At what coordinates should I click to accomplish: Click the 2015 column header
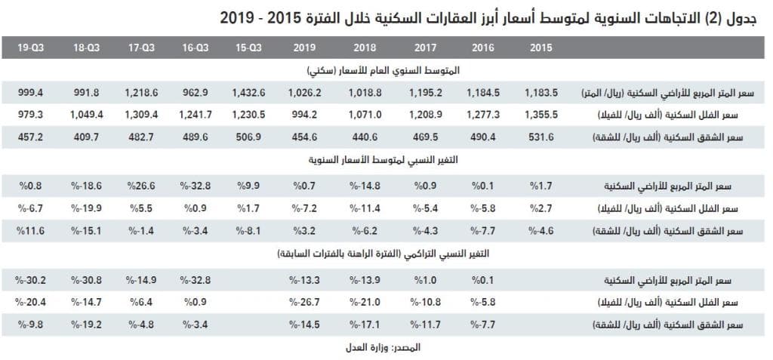[540, 48]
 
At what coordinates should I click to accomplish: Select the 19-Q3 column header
[30, 48]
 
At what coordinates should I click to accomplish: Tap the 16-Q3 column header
[196, 48]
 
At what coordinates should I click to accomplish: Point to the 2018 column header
[365, 48]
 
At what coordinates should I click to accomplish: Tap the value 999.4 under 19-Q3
[30, 93]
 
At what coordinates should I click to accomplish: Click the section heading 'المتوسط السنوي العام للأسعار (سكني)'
[386, 70]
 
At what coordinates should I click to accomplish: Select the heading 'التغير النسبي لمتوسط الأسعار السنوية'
[386, 161]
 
